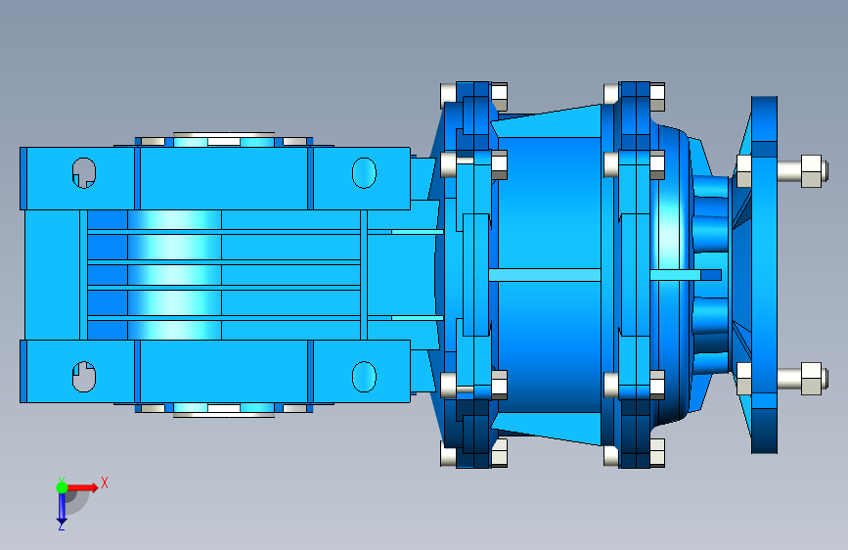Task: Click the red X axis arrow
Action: click(82, 487)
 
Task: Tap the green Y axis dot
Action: click(62, 487)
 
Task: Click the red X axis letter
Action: click(105, 482)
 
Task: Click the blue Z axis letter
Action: click(61, 526)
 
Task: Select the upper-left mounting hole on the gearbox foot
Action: click(84, 172)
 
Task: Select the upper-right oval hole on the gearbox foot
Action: click(364, 172)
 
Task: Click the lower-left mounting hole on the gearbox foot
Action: click(84, 376)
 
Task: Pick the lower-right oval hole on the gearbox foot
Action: click(364, 376)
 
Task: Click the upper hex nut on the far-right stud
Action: click(811, 170)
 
